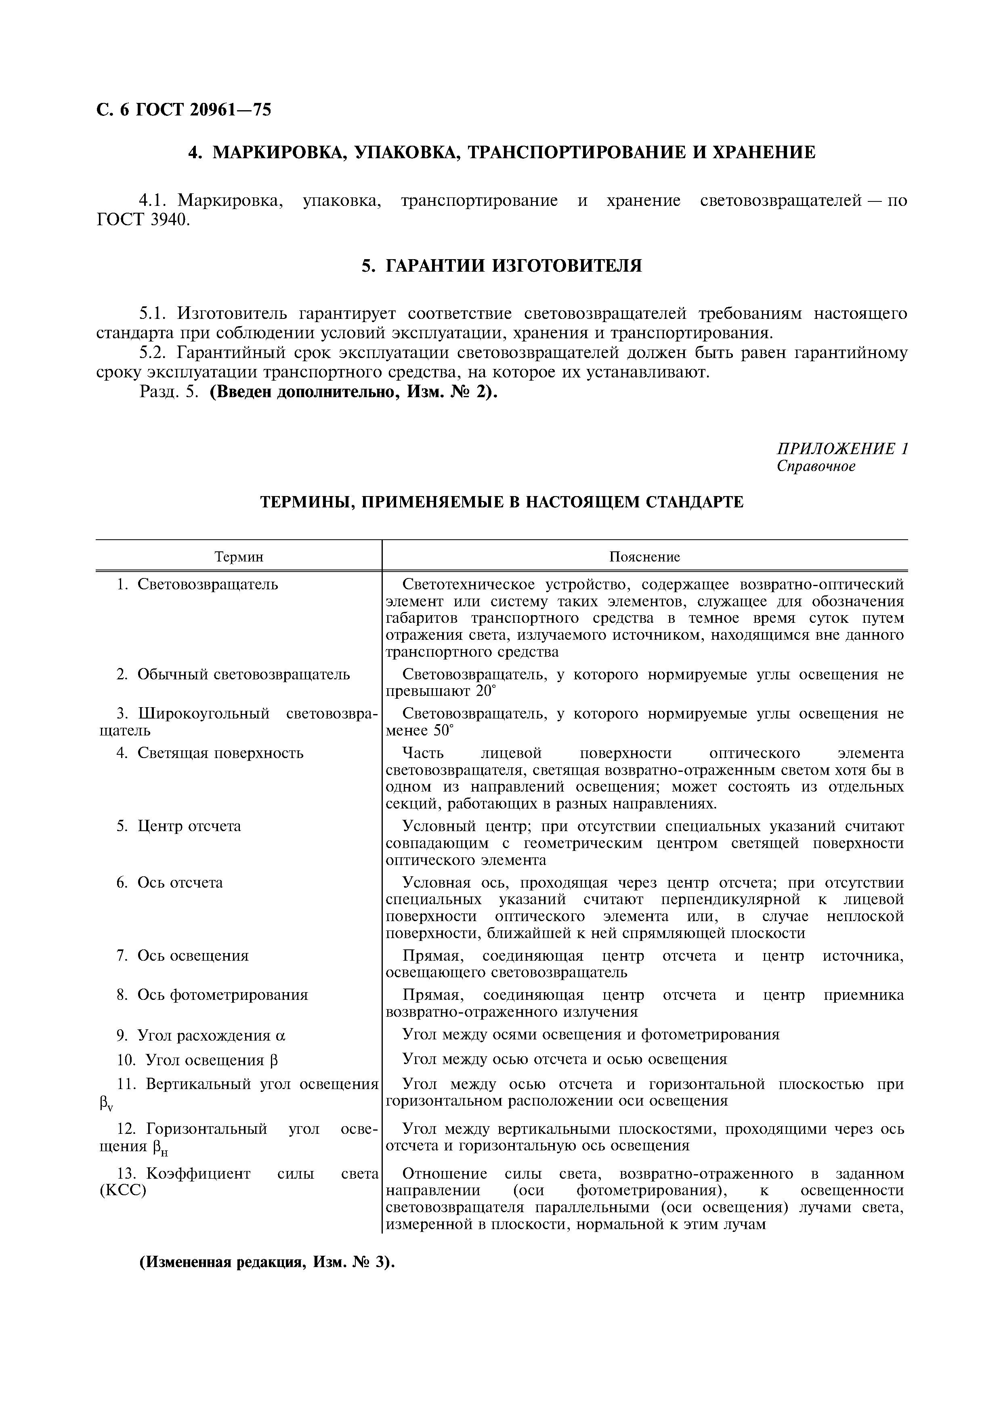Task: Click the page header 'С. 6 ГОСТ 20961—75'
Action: click(x=184, y=110)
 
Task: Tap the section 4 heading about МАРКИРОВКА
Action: click(x=502, y=152)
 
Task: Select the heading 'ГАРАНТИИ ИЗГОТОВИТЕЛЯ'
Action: click(x=502, y=266)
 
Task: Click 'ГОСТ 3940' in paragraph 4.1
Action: click(x=142, y=220)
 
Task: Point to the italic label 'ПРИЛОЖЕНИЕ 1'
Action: click(x=842, y=448)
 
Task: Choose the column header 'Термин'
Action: click(x=239, y=557)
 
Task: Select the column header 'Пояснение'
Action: click(x=644, y=557)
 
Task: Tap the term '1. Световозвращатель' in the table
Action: click(x=197, y=584)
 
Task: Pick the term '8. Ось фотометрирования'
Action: click(x=212, y=995)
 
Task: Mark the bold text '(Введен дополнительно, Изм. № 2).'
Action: click(x=353, y=393)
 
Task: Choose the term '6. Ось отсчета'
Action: click(x=170, y=882)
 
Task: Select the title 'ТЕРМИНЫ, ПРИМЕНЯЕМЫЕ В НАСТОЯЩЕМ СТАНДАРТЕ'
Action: click(x=502, y=502)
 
